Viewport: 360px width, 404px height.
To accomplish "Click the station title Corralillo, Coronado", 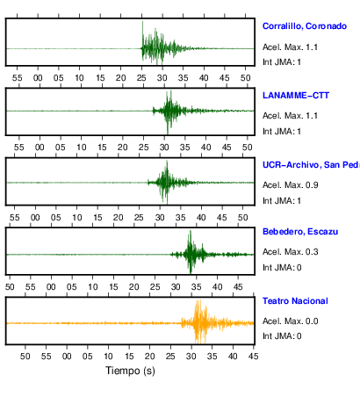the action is point(305,26).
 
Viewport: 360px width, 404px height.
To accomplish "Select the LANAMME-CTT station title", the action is point(296,96).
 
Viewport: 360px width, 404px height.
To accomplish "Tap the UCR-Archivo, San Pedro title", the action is point(311,165).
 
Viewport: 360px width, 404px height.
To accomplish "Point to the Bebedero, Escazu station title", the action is point(300,232).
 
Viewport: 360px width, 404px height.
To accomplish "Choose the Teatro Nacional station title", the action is point(295,301).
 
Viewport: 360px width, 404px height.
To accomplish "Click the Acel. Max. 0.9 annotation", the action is point(290,185).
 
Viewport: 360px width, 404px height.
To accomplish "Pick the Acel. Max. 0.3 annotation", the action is point(290,252).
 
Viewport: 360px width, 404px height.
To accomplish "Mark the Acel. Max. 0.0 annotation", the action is point(290,321).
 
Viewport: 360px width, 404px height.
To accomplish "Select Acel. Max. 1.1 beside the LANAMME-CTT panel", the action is point(290,116).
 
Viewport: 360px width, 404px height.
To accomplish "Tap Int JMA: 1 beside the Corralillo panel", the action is point(282,62).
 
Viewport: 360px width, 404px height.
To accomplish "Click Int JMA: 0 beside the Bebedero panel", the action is point(282,268).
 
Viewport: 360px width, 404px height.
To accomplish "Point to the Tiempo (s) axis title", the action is point(130,371).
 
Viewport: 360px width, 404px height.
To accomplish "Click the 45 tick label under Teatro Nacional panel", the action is point(253,357).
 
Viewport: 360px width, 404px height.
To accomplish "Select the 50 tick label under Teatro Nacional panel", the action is point(25,357).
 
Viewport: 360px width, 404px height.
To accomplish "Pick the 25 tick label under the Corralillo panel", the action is point(141,78).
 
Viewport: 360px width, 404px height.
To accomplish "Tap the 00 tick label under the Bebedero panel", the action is point(51,286).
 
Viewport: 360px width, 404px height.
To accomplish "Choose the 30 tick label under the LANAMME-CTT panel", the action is point(164,148).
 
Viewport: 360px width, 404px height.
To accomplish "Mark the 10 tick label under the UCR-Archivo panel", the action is point(77,218).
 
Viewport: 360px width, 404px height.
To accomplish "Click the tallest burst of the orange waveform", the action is point(198,321).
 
